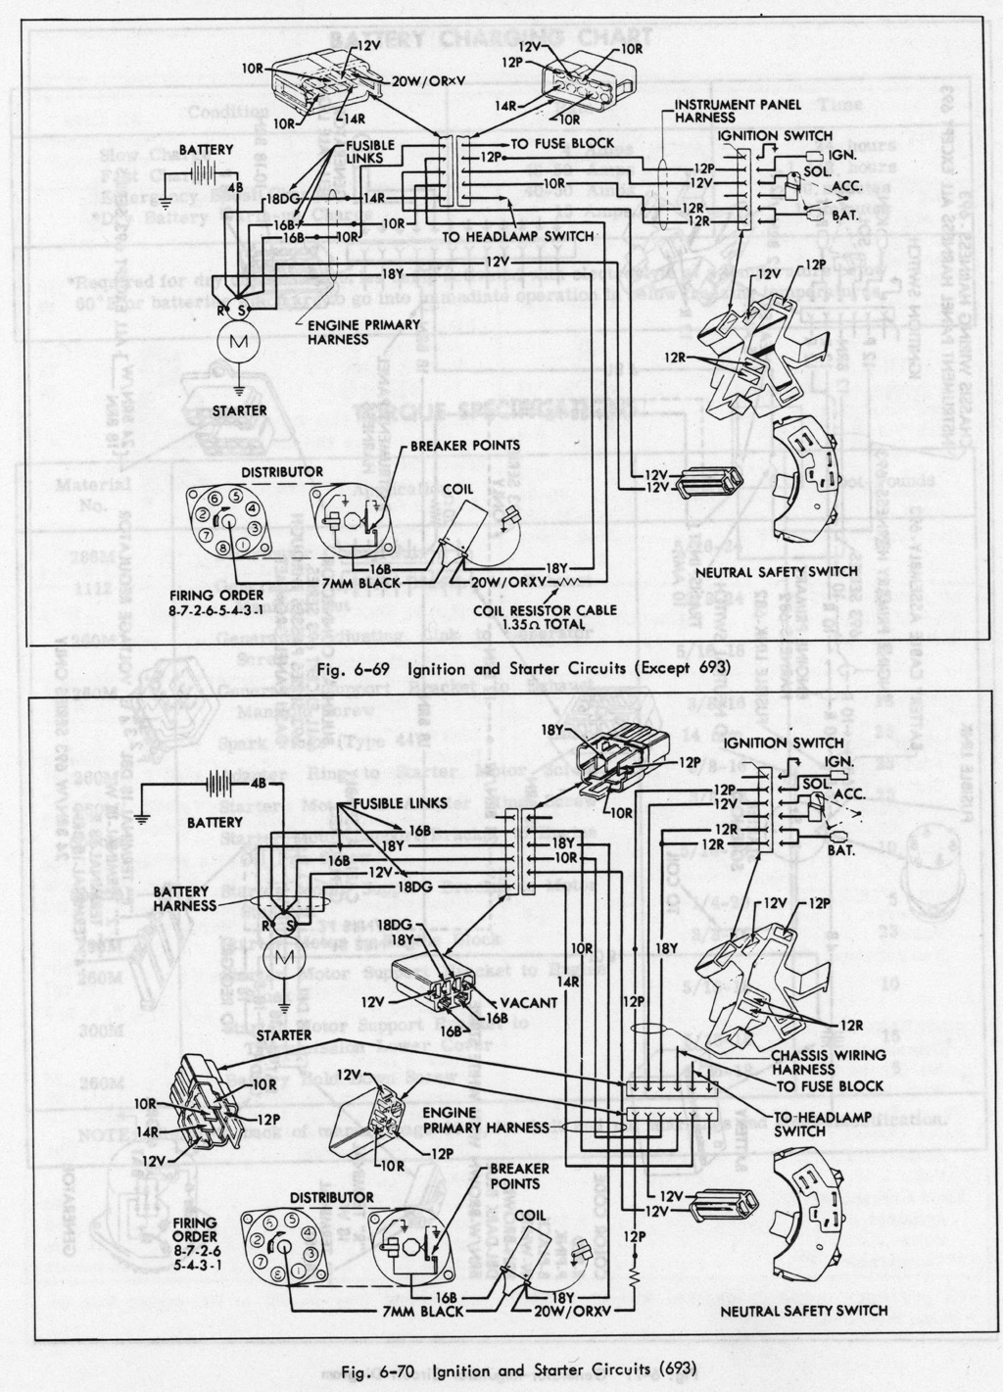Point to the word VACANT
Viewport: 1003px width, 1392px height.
click(529, 1002)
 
